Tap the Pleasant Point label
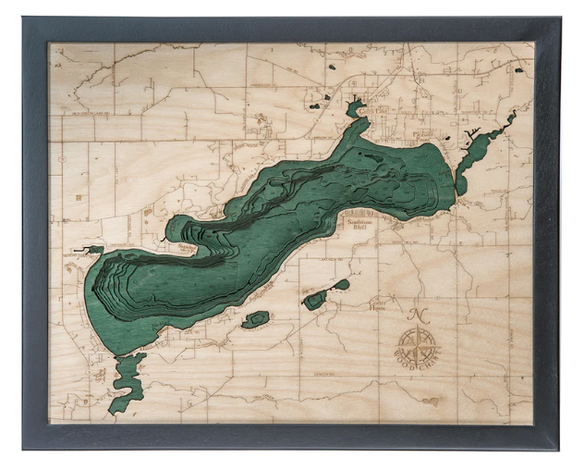(x=423, y=137)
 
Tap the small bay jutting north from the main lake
(x=356, y=111)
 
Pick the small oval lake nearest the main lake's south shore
(x=255, y=319)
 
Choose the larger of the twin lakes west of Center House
(x=316, y=300)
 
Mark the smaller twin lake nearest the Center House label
(x=341, y=285)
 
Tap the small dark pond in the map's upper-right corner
(x=519, y=69)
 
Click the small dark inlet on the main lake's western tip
(x=92, y=250)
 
